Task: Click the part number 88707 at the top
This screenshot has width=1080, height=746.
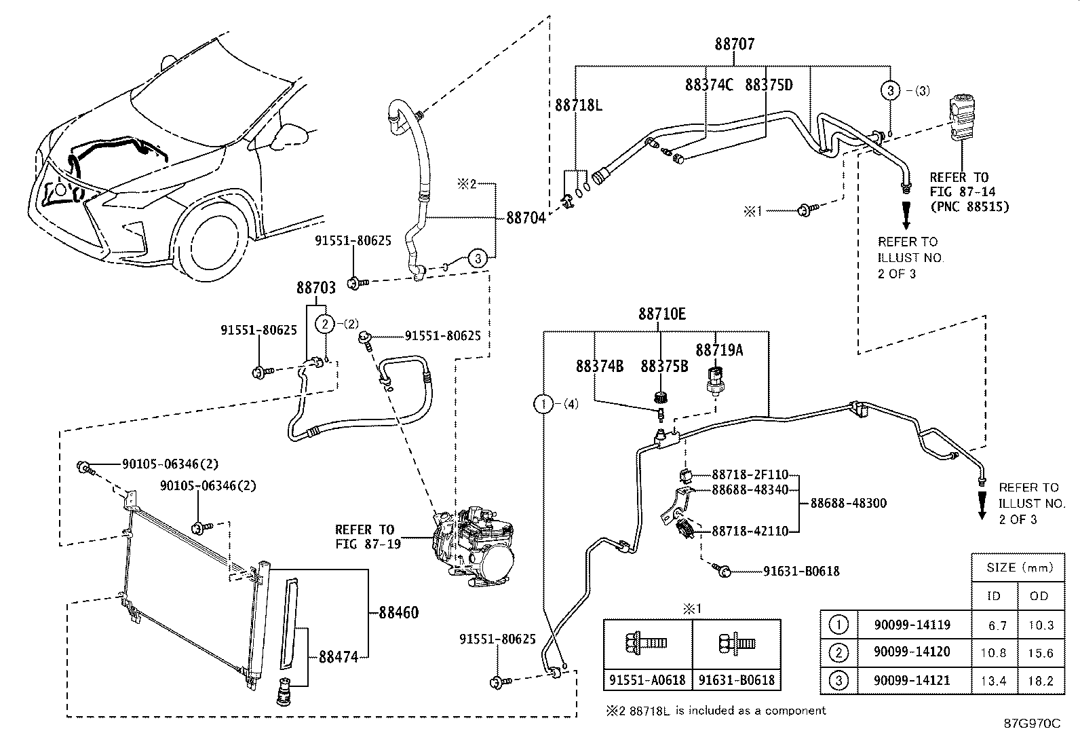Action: click(734, 44)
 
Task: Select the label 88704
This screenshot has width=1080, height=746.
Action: click(526, 218)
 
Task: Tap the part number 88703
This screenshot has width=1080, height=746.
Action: click(316, 288)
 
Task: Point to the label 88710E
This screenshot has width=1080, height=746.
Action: click(661, 314)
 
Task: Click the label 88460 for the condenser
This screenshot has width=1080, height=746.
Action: click(399, 613)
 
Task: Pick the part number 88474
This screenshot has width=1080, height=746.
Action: click(339, 656)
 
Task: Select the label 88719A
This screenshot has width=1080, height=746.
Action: click(719, 350)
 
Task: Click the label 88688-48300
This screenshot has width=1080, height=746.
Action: click(848, 503)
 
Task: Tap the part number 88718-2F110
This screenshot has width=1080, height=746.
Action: click(750, 474)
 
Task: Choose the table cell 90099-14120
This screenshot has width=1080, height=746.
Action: click(912, 652)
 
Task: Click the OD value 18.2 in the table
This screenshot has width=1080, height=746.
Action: click(1041, 681)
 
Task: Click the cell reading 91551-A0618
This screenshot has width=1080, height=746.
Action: click(647, 680)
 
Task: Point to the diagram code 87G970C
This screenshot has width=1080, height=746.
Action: click(1033, 724)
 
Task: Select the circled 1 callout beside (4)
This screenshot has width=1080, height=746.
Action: click(543, 404)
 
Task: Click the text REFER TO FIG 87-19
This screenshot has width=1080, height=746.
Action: click(368, 536)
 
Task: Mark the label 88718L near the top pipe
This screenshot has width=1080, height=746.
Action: click(579, 105)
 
